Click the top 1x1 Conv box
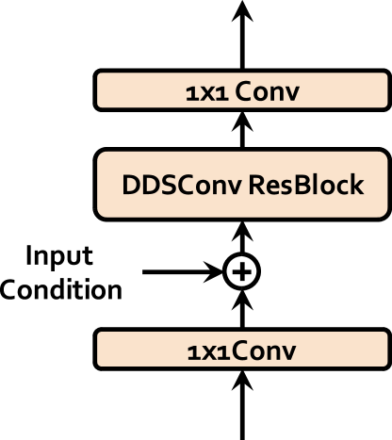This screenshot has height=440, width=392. (242, 90)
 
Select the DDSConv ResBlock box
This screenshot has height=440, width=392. (242, 185)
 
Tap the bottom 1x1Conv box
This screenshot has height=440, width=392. (242, 350)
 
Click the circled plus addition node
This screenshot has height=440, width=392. (242, 271)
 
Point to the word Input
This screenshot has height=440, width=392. (59, 256)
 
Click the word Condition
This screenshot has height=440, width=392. (61, 289)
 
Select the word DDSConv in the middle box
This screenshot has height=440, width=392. (182, 185)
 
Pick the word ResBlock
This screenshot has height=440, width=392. (306, 185)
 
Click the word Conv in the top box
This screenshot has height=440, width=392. (267, 91)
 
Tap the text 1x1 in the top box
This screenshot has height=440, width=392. (207, 94)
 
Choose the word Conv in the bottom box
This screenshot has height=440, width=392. (264, 350)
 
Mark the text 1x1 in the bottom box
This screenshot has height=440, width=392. (208, 352)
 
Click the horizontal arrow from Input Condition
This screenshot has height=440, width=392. (183, 271)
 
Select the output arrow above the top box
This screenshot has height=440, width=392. (242, 35)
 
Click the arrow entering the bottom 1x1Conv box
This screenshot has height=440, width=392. (242, 405)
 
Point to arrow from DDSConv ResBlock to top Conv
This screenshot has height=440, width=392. (242, 129)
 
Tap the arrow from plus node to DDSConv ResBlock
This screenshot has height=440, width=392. (242, 237)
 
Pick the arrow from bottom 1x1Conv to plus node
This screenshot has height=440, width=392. (242, 309)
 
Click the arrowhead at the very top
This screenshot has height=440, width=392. (242, 10)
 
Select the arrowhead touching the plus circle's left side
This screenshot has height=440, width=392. (214, 271)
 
